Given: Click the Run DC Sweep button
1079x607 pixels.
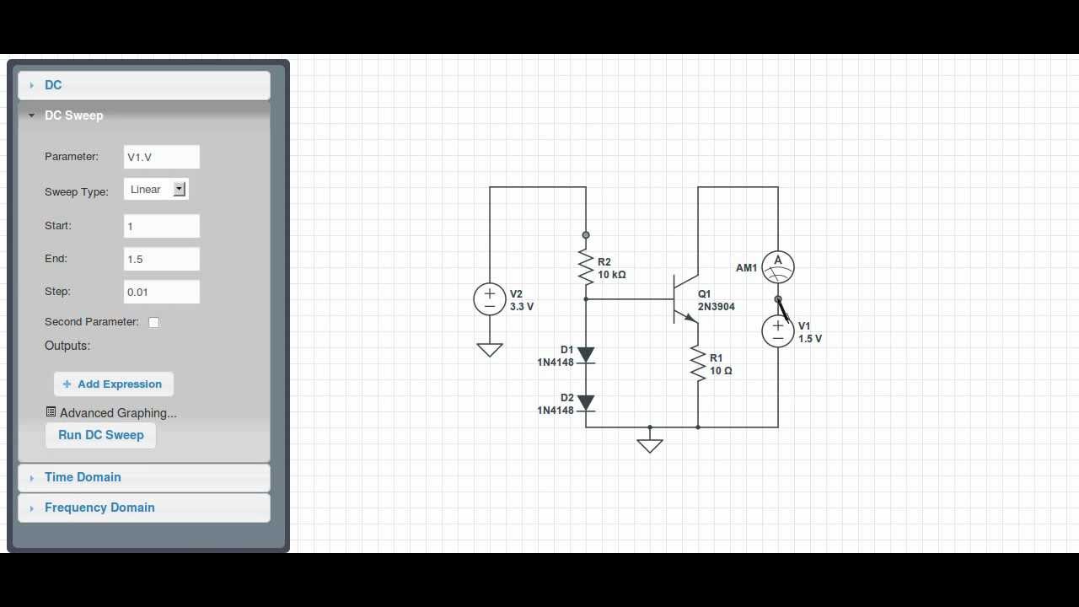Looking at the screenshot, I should click(100, 435).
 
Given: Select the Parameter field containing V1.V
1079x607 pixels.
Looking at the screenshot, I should click(161, 157).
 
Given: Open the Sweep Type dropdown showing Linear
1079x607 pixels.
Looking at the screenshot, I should click(156, 190).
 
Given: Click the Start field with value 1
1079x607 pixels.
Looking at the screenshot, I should click(161, 226).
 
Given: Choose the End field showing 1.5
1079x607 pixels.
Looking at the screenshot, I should click(161, 259).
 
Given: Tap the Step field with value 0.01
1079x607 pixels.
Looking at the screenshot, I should click(161, 292).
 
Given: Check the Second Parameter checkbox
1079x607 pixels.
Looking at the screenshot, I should click(153, 322).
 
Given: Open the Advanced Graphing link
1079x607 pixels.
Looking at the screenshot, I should click(117, 413).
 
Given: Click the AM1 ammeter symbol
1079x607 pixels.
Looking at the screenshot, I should click(778, 267).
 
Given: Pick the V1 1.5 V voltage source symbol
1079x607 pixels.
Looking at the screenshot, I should click(778, 331).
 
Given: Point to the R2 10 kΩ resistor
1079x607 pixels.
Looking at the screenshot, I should click(586, 266).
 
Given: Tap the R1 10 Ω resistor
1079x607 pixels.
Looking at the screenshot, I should click(698, 364).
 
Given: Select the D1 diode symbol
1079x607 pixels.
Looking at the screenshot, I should click(586, 356).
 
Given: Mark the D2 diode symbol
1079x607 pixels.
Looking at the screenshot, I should click(586, 404).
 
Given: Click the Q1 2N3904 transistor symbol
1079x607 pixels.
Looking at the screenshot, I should click(684, 299).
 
